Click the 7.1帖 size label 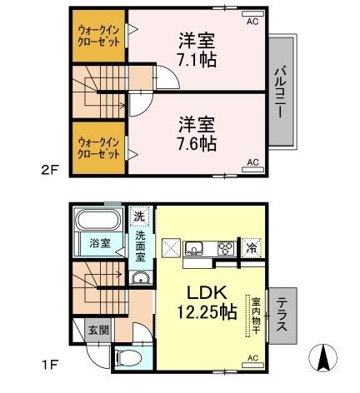click(x=197, y=59)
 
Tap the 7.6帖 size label click(x=197, y=143)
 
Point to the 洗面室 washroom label click(x=141, y=246)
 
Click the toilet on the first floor click(x=129, y=358)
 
